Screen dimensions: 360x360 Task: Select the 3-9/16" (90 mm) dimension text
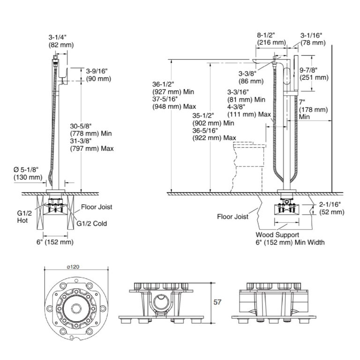click(98, 75)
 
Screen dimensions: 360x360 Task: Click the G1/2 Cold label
click(92, 224)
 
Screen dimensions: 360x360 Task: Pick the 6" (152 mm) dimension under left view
click(55, 242)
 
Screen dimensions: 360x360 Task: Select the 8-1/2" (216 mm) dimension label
click(271, 38)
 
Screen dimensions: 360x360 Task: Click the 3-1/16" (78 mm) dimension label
click(312, 38)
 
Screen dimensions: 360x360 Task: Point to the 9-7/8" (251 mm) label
click(314, 74)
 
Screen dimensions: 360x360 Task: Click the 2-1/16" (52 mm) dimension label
click(332, 208)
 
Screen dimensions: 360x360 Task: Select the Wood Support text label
click(277, 234)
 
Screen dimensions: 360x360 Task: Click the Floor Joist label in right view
click(232, 217)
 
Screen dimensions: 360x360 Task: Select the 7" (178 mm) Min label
click(313, 109)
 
